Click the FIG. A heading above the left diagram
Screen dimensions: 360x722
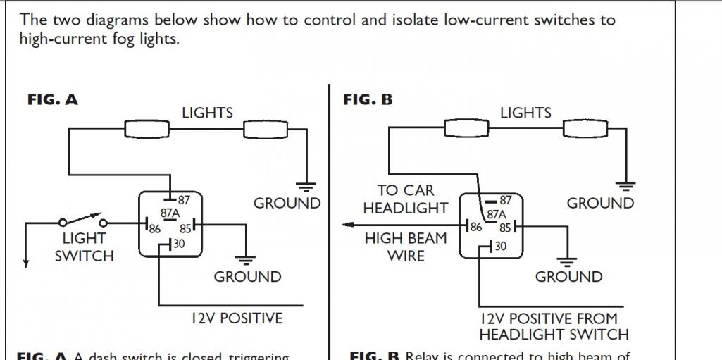coord(53,100)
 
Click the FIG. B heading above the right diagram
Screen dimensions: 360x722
coord(368,100)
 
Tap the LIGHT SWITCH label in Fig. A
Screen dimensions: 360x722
coord(84,247)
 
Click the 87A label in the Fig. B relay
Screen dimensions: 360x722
coord(497,214)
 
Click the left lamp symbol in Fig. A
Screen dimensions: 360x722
coord(147,130)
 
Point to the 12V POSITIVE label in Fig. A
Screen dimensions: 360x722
coord(237,318)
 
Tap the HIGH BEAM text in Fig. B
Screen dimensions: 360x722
coord(405,238)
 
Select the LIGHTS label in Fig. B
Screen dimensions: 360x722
coord(525,113)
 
